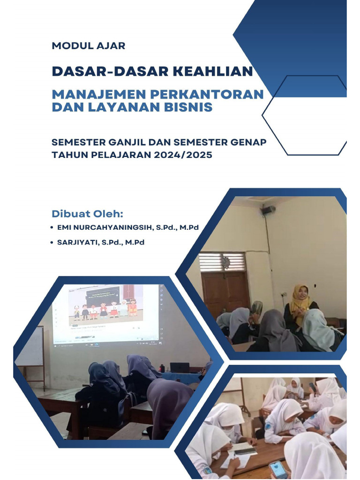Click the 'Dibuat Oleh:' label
point(87,214)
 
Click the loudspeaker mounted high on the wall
point(268,210)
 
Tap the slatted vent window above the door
point(222,262)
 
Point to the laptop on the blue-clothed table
point(180,367)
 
